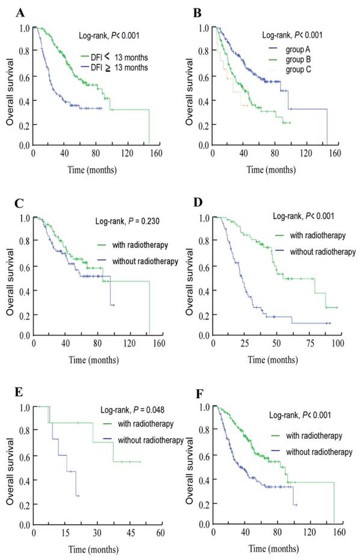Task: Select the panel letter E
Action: coord(10,395)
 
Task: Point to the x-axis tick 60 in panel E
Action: coord(161,533)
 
